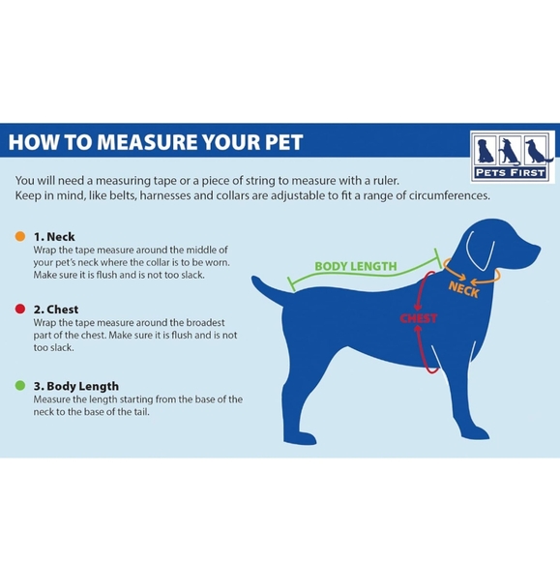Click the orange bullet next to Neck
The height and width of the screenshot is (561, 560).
[x=20, y=236]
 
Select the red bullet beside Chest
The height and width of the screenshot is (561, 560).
[x=20, y=309]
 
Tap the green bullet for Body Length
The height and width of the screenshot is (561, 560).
[x=20, y=385]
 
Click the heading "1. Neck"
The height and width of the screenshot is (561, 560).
[x=54, y=237]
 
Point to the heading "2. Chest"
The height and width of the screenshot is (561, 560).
[x=56, y=310]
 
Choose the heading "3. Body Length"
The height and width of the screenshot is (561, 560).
[x=76, y=386]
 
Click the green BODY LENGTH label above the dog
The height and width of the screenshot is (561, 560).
[x=356, y=266]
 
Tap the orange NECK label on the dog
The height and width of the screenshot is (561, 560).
[x=463, y=289]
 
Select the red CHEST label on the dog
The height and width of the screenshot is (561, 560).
[x=418, y=318]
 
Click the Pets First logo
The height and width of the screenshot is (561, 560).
[x=512, y=157]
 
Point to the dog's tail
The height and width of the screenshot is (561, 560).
[x=269, y=290]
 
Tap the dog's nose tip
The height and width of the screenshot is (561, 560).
[x=538, y=249]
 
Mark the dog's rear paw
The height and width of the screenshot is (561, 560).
[x=300, y=438]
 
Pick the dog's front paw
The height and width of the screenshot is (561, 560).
[x=475, y=433]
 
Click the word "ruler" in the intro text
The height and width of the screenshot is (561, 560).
[x=386, y=181]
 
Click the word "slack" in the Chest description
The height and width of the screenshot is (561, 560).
[x=63, y=347]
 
